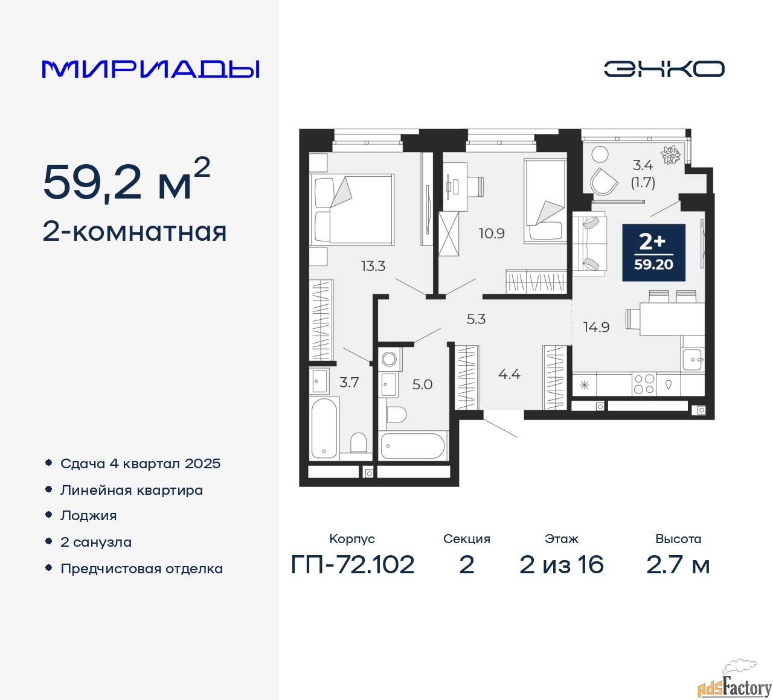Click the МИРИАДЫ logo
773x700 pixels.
(x=151, y=69)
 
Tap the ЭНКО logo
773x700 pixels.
(x=664, y=69)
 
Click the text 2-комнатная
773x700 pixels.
(x=135, y=232)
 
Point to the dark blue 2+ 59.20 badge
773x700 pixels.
(x=653, y=252)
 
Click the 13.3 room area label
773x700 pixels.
(x=373, y=266)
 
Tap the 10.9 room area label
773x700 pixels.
(x=492, y=234)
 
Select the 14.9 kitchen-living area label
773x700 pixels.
(x=596, y=327)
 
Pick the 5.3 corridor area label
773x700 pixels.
(x=476, y=319)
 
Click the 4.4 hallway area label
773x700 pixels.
(x=509, y=375)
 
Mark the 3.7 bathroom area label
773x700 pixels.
(x=349, y=383)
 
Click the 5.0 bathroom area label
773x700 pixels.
(x=422, y=384)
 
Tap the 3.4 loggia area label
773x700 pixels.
(x=643, y=165)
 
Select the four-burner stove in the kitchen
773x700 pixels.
(x=644, y=384)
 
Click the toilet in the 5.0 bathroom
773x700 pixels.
(x=396, y=414)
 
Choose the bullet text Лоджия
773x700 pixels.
(x=89, y=516)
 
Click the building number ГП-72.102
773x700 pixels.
(x=353, y=565)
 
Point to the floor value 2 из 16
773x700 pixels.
(x=561, y=565)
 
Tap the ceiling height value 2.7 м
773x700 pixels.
(x=678, y=565)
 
